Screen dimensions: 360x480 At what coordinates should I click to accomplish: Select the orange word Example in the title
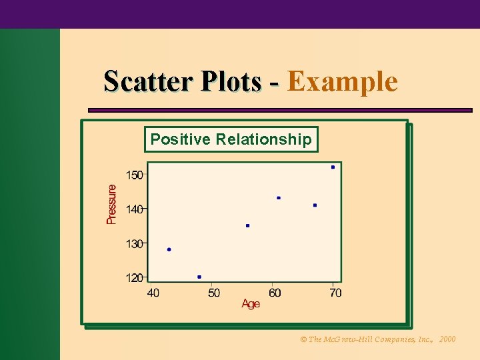tap(343, 81)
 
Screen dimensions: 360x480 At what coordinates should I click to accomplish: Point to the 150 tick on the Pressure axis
tap(134, 175)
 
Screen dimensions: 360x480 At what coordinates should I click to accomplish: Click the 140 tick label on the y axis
tap(134, 209)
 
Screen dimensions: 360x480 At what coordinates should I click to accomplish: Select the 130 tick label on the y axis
tap(134, 243)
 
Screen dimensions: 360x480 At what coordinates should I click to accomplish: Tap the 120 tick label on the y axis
tap(134, 277)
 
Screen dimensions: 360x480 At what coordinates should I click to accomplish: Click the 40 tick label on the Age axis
tap(153, 293)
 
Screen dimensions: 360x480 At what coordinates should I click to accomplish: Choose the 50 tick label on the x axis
tap(214, 293)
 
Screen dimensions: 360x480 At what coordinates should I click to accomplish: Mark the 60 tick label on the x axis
tap(275, 293)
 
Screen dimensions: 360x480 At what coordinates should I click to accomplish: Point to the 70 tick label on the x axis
tap(335, 293)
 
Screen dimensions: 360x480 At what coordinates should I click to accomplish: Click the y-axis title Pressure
tap(112, 204)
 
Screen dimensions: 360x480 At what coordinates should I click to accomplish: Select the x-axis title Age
tap(251, 304)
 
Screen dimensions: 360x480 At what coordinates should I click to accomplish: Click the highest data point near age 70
tap(333, 167)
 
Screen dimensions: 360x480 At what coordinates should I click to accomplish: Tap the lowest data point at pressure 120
tap(199, 277)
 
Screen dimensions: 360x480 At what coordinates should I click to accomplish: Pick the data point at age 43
tap(169, 249)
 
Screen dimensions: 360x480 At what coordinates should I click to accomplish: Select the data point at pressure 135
tap(248, 225)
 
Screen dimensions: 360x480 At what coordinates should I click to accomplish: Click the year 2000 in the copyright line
tap(447, 339)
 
